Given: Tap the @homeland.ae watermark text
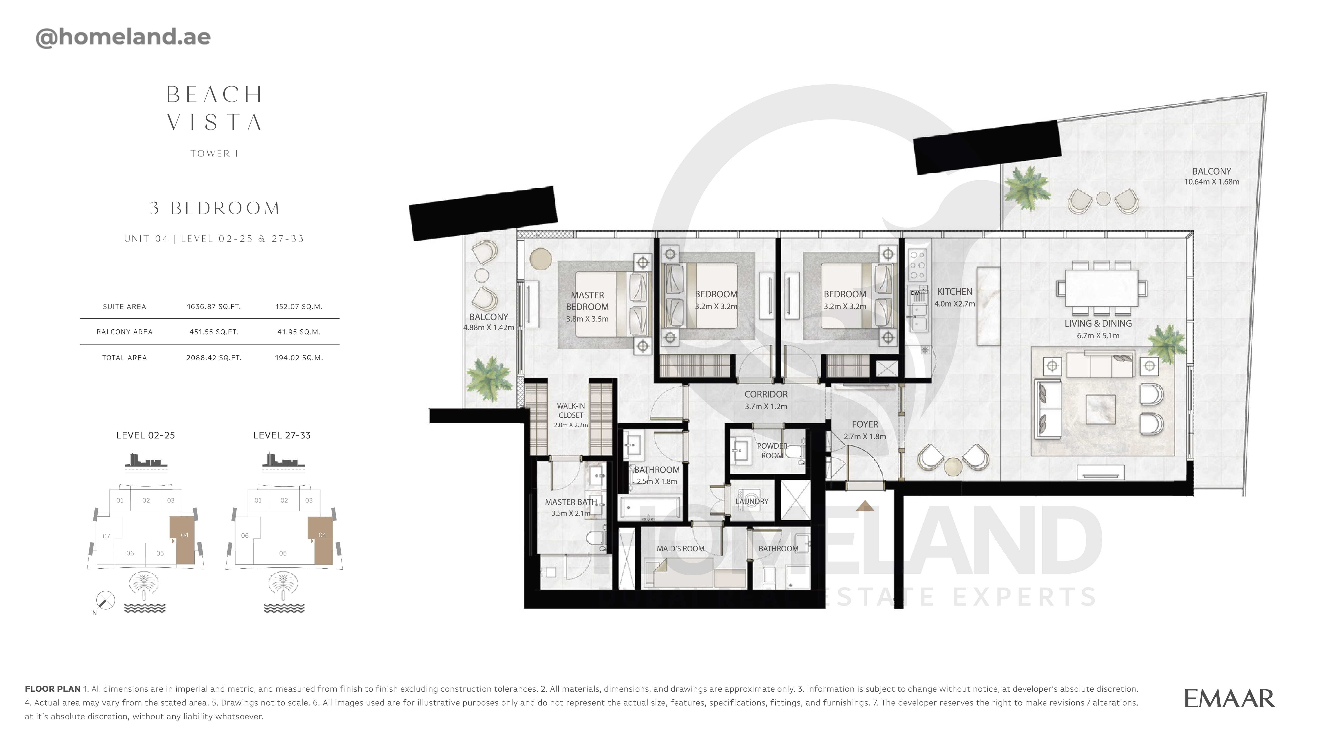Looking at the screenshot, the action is coord(123,37).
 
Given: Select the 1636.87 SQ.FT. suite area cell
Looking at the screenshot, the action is coord(213,307).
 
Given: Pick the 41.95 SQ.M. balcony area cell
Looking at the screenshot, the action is coord(299,332).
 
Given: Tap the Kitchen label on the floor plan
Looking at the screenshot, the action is coord(954,291).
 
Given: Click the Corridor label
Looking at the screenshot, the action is coord(766,394).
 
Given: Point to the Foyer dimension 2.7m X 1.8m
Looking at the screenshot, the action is coord(865,436).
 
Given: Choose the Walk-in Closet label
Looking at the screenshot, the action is coord(571,410).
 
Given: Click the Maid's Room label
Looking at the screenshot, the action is coord(681,548).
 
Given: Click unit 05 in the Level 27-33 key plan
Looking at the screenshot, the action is coord(283,553).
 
